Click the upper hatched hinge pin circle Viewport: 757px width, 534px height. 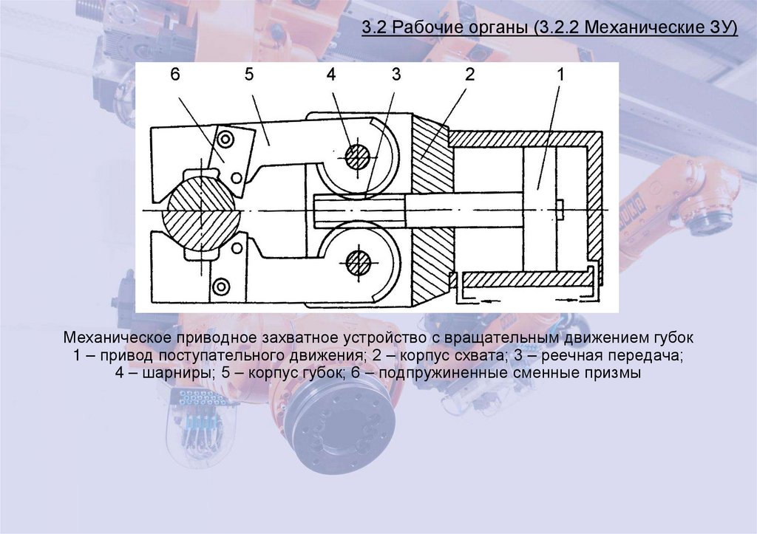tap(358, 156)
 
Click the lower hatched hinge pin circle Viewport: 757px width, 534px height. tap(358, 262)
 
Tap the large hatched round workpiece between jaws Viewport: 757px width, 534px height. tap(201, 209)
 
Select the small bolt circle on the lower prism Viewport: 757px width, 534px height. tap(220, 286)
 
